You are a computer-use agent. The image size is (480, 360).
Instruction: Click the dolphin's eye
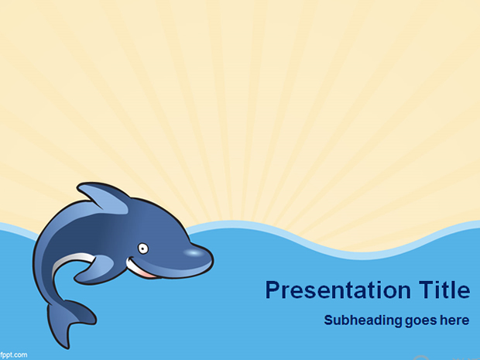click(142, 249)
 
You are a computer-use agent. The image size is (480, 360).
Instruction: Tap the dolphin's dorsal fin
click(104, 197)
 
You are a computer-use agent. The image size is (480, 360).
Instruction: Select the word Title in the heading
click(444, 290)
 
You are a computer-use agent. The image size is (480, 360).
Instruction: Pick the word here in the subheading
click(454, 321)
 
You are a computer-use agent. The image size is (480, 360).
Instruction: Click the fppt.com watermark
click(13, 355)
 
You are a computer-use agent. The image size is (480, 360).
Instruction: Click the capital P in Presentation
click(273, 290)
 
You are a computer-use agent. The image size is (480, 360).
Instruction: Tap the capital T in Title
click(426, 290)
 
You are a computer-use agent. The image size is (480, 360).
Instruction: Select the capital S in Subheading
click(329, 321)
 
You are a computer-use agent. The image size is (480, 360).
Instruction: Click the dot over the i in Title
click(439, 283)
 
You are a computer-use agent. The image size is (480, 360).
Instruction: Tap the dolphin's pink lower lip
click(149, 275)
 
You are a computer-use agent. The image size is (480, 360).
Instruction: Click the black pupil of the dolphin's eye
click(143, 249)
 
